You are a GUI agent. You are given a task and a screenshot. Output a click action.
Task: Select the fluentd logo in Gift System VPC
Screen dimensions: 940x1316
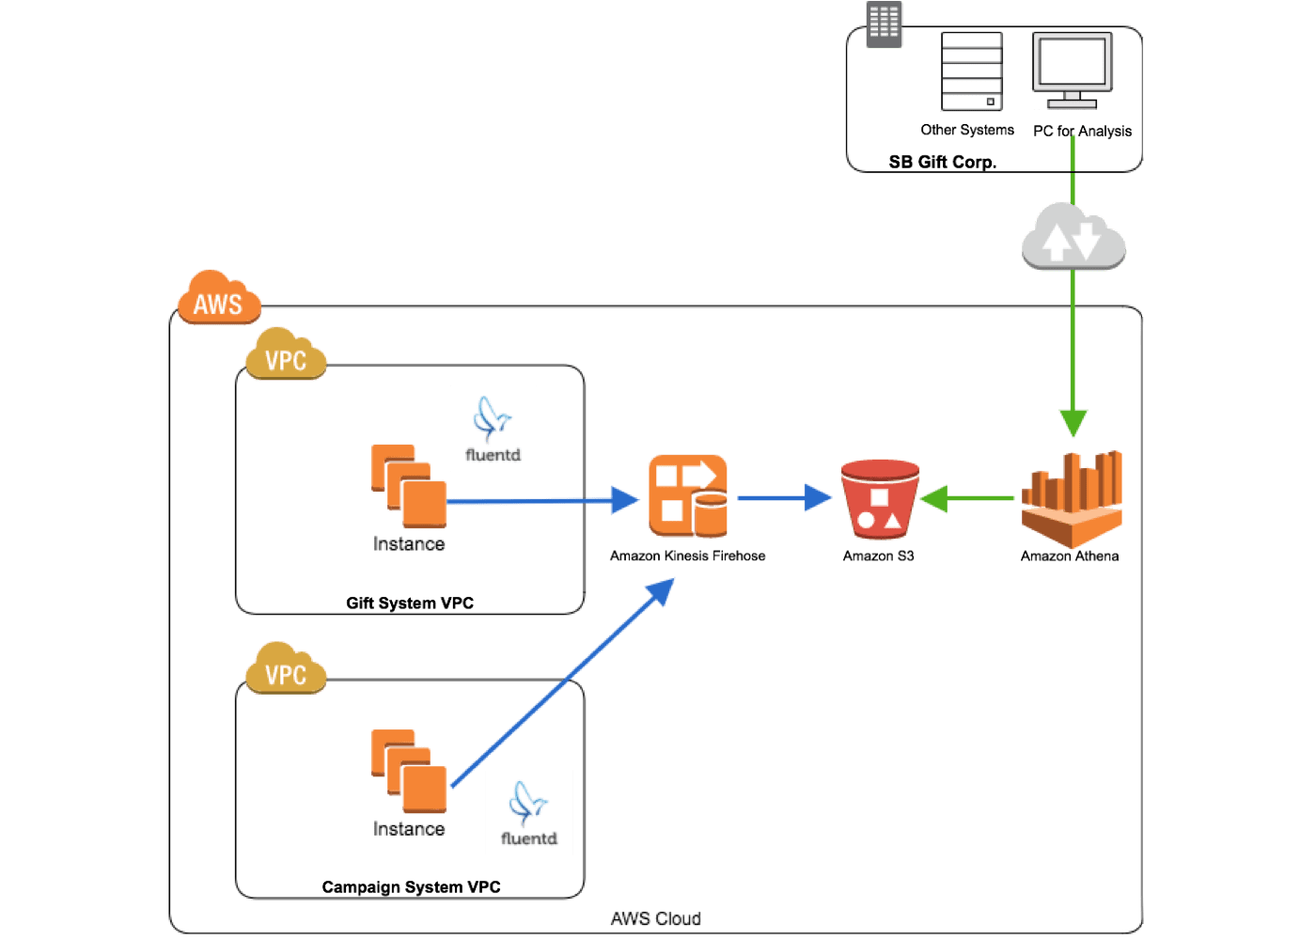click(x=493, y=429)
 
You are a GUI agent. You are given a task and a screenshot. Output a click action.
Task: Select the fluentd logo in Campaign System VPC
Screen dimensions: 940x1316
click(x=528, y=812)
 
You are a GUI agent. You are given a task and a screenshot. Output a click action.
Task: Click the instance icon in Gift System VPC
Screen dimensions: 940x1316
click(x=409, y=486)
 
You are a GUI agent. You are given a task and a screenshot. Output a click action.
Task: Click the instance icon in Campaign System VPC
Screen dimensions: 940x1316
click(x=409, y=771)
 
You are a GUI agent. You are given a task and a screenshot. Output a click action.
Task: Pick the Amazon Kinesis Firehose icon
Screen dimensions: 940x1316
click(x=687, y=495)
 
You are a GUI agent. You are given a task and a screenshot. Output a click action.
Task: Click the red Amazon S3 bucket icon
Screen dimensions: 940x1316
click(x=879, y=498)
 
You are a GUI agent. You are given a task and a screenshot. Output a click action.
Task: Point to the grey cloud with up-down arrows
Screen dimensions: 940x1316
click(x=1073, y=237)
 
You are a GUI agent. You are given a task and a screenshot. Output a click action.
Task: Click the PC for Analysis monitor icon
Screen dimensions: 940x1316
click(x=1073, y=70)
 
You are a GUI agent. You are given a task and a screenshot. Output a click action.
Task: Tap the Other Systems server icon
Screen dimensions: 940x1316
click(x=972, y=71)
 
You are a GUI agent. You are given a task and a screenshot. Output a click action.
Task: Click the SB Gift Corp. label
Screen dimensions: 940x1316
click(x=942, y=162)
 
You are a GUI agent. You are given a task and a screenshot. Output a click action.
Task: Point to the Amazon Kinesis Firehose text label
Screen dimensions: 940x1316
click(x=687, y=556)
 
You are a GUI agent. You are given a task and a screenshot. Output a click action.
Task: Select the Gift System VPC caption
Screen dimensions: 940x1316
click(x=410, y=603)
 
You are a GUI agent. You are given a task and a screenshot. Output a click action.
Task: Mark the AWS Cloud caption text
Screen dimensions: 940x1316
click(x=655, y=918)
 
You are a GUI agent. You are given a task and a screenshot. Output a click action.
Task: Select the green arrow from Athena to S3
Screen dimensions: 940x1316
click(x=968, y=498)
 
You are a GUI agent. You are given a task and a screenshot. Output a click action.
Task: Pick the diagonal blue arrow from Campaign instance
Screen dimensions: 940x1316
click(x=561, y=683)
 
